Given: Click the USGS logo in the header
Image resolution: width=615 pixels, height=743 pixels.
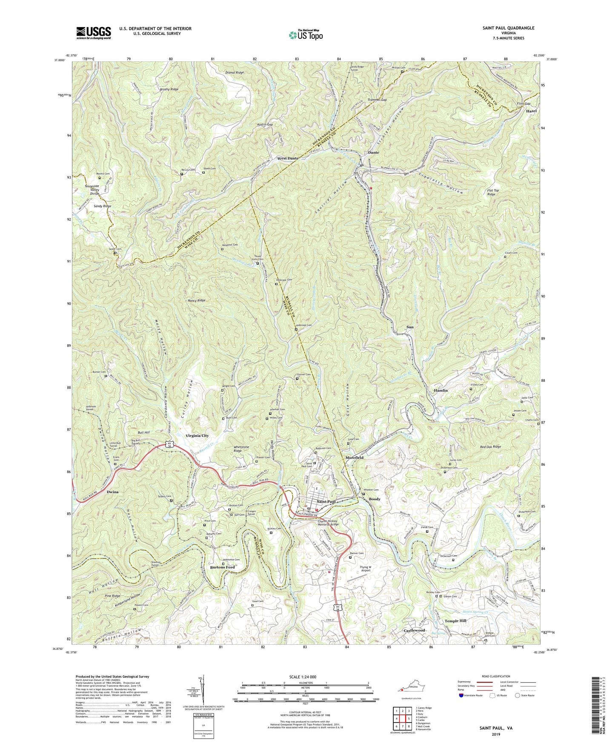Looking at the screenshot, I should tap(94, 32).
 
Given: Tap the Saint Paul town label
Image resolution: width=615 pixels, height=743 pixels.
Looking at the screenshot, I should tap(326, 501).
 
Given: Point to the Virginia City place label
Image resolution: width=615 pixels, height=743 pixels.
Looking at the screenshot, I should tap(197, 436).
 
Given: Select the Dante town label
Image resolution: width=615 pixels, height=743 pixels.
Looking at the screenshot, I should tap(373, 152).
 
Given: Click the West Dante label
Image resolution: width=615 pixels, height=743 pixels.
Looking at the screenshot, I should tap(288, 158).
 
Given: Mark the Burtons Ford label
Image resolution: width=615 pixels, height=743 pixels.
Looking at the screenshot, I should tap(222, 567).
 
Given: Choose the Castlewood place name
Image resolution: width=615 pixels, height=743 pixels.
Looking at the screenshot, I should tap(414, 630).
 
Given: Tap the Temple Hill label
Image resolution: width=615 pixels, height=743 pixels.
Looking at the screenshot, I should tap(455, 621).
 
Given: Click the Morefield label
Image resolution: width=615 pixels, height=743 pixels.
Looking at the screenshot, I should tap(354, 457).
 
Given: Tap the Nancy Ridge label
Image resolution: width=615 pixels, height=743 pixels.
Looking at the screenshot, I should tap(197, 300).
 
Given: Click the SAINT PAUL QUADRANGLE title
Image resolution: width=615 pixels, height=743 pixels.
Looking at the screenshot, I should tap(508, 28).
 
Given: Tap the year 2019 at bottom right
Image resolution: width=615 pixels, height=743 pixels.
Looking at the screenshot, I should tap(496, 734).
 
